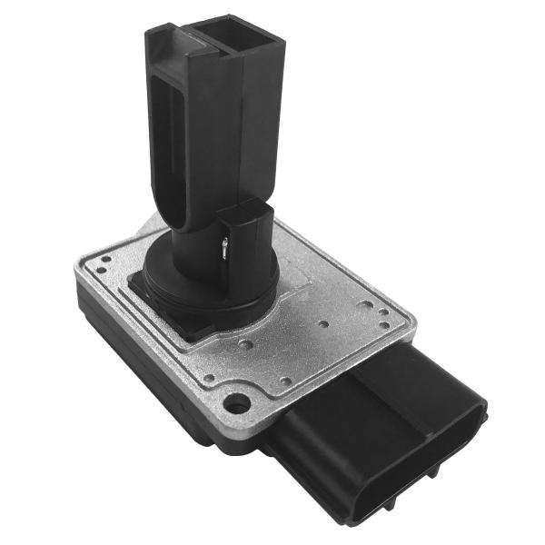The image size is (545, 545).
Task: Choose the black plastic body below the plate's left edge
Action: tap(136, 363)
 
